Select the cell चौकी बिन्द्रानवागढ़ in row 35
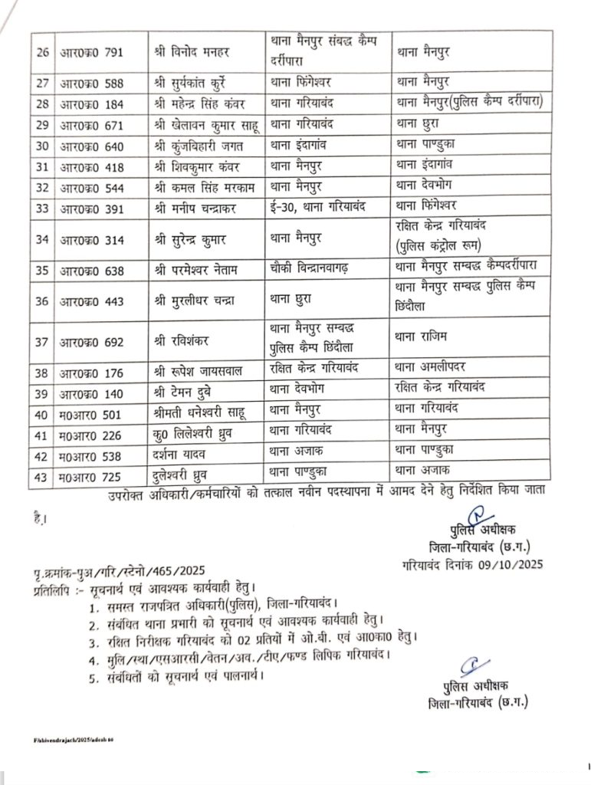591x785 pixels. coord(315,270)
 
